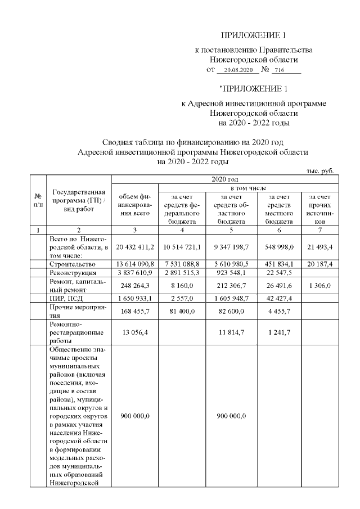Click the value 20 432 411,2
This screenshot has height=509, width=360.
tap(135, 247)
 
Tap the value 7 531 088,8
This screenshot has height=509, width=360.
tap(182, 263)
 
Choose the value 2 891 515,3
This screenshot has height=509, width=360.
tap(182, 272)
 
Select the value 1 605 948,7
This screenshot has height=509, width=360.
tap(232, 298)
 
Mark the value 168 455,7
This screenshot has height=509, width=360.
tap(135, 310)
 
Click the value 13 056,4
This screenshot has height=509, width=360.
tap(135, 332)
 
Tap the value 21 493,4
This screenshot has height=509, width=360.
tap(319, 247)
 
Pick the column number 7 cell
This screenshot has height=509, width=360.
tap(319, 229)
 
